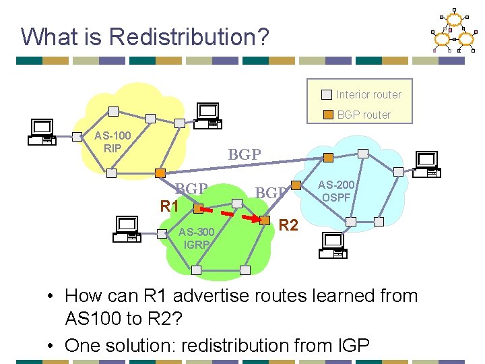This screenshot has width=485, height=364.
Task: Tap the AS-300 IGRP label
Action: point(197,239)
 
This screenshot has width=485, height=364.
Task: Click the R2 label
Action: point(288,225)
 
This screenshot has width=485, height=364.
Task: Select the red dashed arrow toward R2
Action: point(241,216)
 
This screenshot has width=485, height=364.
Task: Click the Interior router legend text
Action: point(368,94)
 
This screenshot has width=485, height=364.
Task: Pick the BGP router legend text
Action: point(364,115)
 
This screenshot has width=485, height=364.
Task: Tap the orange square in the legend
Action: point(326,115)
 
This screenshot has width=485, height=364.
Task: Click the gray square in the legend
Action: point(326,94)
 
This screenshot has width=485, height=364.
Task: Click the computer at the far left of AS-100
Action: point(42,132)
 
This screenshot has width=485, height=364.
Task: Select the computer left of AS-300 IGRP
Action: point(126,229)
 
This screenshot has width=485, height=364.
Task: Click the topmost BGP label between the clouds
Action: point(245,154)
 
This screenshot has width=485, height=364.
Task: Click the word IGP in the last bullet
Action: point(350,345)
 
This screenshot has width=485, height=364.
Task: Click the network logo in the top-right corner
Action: point(452,31)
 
